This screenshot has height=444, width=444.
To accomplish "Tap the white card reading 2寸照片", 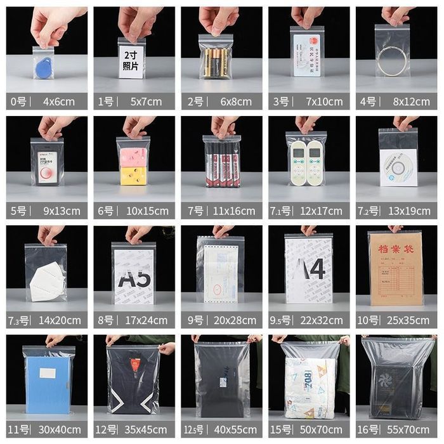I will tap(131, 63).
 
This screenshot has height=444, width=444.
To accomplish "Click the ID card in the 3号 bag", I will tap(306, 55).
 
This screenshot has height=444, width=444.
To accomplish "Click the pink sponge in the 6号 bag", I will tap(133, 158).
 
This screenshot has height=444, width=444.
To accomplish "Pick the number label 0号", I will tap(18, 101).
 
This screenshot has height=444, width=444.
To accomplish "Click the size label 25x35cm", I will tap(408, 320).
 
